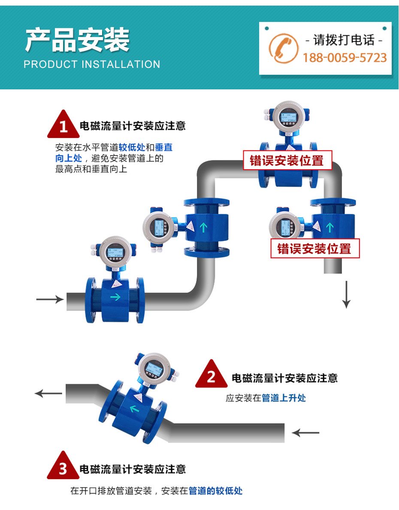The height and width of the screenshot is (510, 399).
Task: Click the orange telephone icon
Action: pyautogui.click(x=283, y=48)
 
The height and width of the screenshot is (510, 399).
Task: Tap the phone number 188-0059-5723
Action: pyautogui.click(x=345, y=58)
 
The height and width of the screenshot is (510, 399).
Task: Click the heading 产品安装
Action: pyautogui.click(x=77, y=40)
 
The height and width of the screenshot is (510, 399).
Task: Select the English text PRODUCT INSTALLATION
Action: pyautogui.click(x=92, y=64)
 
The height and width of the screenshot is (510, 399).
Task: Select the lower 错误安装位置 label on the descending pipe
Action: pyautogui.click(x=314, y=248)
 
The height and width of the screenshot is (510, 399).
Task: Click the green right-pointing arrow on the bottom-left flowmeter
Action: pyautogui.click(x=115, y=296)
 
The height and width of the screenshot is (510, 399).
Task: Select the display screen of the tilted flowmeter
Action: pyautogui.click(x=151, y=367)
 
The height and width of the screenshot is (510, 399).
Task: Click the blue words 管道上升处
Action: pyautogui.click(x=284, y=398)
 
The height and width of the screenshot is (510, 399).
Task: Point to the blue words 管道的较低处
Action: pyautogui.click(x=216, y=491)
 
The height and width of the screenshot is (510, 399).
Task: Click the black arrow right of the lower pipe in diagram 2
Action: pyautogui.click(x=306, y=432)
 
